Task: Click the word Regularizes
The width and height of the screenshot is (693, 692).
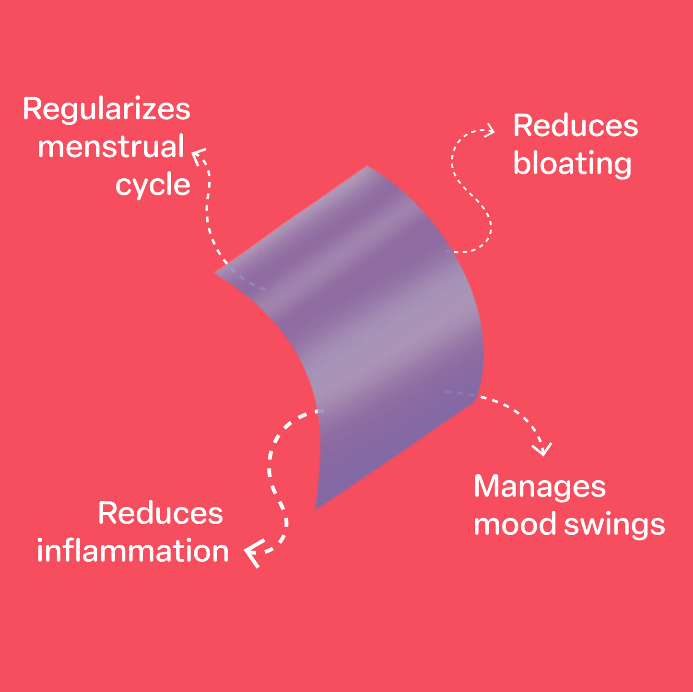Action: click(106, 110)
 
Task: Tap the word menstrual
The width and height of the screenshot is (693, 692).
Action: click(111, 147)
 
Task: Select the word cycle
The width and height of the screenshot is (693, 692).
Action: click(153, 185)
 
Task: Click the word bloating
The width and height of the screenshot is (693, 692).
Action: click(572, 164)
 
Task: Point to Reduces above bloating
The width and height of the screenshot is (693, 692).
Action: click(576, 127)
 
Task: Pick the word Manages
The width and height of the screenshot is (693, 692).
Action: click(540, 487)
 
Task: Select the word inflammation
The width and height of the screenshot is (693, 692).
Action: click(133, 551)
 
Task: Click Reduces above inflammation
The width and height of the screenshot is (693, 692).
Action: click(160, 514)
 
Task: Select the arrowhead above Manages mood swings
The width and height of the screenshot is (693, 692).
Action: click(543, 450)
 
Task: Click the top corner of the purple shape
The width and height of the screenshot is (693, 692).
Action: click(367, 167)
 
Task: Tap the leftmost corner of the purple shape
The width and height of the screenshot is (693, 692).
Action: click(216, 273)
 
